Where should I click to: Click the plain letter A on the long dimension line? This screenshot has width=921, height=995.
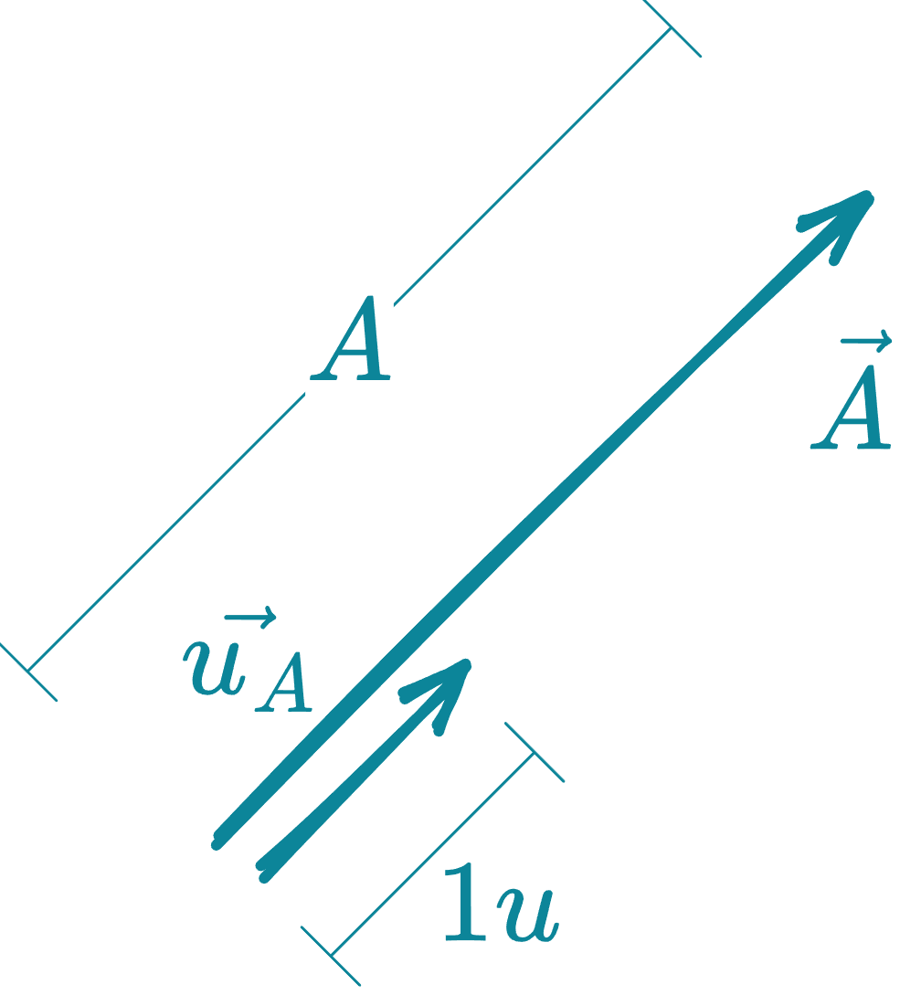pyautogui.click(x=352, y=340)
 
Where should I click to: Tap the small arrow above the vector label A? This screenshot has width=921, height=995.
pyautogui.click(x=866, y=344)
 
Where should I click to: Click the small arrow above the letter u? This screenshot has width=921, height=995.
pyautogui.click(x=249, y=619)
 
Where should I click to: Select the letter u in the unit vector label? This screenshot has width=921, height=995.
pyautogui.click(x=215, y=665)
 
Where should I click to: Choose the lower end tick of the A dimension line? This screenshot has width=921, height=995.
pyautogui.click(x=28, y=672)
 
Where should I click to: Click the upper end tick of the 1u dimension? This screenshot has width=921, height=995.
pyautogui.click(x=535, y=752)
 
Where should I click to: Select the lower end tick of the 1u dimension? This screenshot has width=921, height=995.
pyautogui.click(x=331, y=956)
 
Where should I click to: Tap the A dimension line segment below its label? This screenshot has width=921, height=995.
pyautogui.click(x=164, y=535)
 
